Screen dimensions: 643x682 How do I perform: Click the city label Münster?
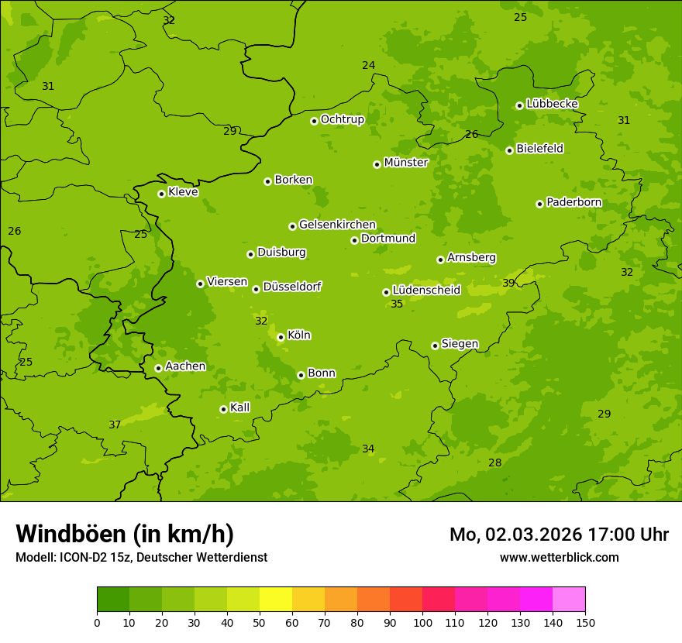click(405, 163)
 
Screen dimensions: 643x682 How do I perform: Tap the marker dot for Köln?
click(281, 337)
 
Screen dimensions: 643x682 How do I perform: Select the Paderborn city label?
click(573, 202)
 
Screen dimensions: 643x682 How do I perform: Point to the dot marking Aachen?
click(158, 368)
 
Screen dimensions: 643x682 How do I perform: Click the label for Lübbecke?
click(552, 104)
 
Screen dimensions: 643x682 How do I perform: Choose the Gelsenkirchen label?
click(337, 225)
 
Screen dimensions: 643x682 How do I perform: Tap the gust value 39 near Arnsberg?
click(508, 283)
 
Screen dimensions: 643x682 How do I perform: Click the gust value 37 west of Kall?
click(115, 425)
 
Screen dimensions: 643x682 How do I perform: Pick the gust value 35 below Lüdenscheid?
click(397, 304)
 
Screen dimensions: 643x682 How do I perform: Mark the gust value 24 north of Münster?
click(368, 65)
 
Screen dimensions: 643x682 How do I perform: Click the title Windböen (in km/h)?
click(125, 534)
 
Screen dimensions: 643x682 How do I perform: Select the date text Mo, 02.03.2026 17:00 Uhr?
click(559, 535)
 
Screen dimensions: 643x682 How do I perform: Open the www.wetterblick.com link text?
click(559, 557)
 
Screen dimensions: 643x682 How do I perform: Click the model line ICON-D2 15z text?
click(141, 557)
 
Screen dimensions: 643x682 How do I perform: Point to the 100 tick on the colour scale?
click(422, 622)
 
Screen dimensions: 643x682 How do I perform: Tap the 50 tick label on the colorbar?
click(260, 622)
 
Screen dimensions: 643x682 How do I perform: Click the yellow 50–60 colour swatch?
click(276, 599)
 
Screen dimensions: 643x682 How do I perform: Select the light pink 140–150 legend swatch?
click(569, 599)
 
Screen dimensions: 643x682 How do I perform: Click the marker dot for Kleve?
click(161, 194)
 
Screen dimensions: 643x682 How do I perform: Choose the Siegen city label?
click(460, 344)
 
